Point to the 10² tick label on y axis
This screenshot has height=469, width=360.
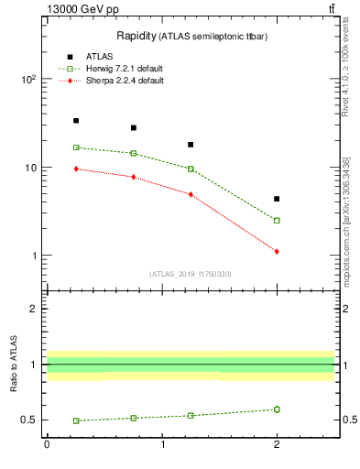pyautogui.click(x=28, y=80)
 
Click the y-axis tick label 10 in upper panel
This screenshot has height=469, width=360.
pyautogui.click(x=30, y=168)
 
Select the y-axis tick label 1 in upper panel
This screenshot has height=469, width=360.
pyautogui.click(x=33, y=256)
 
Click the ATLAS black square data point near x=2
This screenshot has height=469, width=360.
pyautogui.click(x=277, y=199)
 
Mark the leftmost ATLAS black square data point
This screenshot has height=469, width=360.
pyautogui.click(x=76, y=120)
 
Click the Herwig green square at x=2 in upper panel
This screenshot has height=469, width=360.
pyautogui.click(x=277, y=220)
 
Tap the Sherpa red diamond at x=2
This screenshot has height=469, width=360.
pyautogui.click(x=277, y=251)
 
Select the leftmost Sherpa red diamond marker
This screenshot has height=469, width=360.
pyautogui.click(x=76, y=169)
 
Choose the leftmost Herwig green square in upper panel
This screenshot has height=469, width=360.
pyautogui.click(x=76, y=147)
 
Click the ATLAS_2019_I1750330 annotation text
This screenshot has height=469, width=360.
pyautogui.click(x=190, y=274)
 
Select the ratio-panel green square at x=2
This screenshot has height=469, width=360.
pyautogui.click(x=277, y=409)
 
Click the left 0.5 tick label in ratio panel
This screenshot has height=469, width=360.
pyautogui.click(x=30, y=420)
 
